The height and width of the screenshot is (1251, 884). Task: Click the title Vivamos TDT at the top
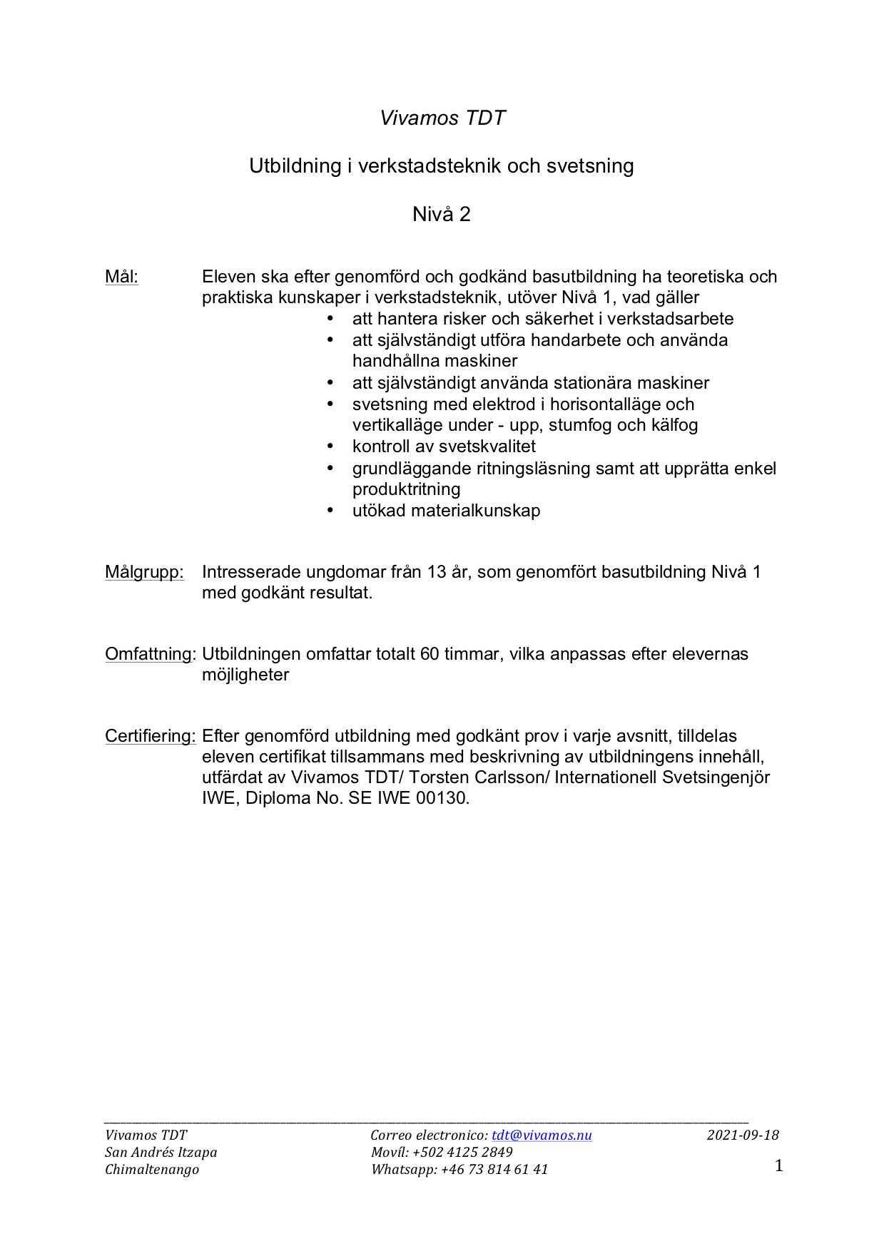click(442, 118)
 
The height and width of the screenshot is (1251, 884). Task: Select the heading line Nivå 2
click(442, 214)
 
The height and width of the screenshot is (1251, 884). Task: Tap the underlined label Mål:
click(121, 277)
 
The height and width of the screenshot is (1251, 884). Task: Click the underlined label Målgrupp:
click(144, 572)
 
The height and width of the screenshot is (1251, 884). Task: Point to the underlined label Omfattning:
click(150, 654)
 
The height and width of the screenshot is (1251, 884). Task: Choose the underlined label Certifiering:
click(150, 736)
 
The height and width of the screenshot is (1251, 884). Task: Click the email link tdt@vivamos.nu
click(542, 1135)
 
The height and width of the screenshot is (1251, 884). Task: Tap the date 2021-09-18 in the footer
click(743, 1135)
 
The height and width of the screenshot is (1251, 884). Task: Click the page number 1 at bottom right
click(778, 1165)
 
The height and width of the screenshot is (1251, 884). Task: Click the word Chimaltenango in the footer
click(152, 1169)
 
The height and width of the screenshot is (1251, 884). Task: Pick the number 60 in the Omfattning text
click(430, 654)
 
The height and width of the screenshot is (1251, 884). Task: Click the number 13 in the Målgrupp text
click(437, 572)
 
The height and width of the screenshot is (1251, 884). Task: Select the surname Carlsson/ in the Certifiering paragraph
click(508, 777)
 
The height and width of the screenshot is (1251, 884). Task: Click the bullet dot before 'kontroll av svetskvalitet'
click(330, 446)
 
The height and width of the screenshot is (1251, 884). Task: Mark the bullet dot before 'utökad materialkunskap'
click(330, 511)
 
